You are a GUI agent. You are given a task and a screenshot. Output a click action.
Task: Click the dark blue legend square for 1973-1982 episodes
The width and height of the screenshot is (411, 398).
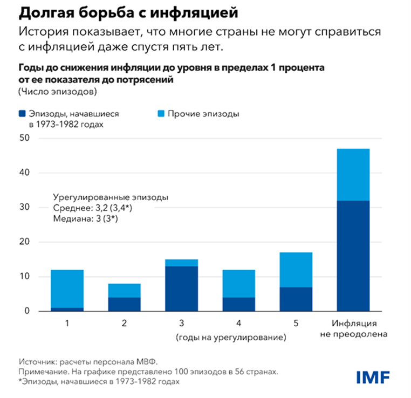pyautogui.click(x=22, y=114)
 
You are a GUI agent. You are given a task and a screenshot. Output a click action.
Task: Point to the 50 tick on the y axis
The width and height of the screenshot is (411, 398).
pyautogui.click(x=24, y=139)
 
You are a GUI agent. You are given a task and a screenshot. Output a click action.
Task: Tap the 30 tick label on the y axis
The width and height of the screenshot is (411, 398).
pyautogui.click(x=24, y=208)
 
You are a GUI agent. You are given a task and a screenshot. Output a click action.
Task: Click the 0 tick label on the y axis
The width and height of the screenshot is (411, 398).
pyautogui.click(x=26, y=311)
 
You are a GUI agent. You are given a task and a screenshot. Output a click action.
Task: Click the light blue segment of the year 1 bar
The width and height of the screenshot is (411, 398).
pyautogui.click(x=67, y=289)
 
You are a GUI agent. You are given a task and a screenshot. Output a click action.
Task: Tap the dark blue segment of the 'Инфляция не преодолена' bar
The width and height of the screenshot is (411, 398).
pyautogui.click(x=353, y=256)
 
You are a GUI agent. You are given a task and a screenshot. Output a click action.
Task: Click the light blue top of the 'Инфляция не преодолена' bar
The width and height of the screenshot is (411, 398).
pyautogui.click(x=353, y=174)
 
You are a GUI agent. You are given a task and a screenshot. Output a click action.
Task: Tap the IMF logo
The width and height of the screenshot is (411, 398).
pyautogui.click(x=373, y=376)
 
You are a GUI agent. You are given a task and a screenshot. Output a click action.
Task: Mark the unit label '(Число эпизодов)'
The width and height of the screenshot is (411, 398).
pyautogui.click(x=57, y=92)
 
